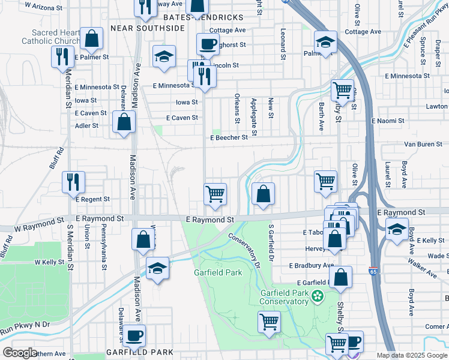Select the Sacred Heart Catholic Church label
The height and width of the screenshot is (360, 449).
click(48, 37)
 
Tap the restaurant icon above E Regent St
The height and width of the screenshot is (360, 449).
click(73, 181)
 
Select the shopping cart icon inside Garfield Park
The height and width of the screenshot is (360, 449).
click(269, 322)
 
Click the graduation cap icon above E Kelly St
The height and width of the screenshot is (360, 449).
click(396, 229)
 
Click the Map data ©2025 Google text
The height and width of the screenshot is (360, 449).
click(412, 355)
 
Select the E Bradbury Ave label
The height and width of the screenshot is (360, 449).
click(311, 265)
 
